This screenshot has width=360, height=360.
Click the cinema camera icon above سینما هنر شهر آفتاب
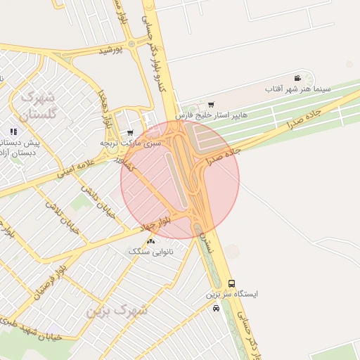(298, 78)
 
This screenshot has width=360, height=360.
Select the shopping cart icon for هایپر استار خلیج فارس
(211, 105)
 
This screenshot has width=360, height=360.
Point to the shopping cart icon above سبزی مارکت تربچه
(130, 132)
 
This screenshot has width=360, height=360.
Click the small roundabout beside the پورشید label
(131, 44)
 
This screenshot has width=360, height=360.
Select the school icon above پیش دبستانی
(13, 131)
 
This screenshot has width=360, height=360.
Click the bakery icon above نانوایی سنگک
(151, 241)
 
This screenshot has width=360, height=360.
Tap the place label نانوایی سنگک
(149, 251)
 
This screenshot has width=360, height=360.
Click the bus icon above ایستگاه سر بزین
(231, 283)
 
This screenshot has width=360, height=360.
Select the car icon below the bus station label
(216, 308)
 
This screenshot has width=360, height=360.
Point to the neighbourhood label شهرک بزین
(118, 310)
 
